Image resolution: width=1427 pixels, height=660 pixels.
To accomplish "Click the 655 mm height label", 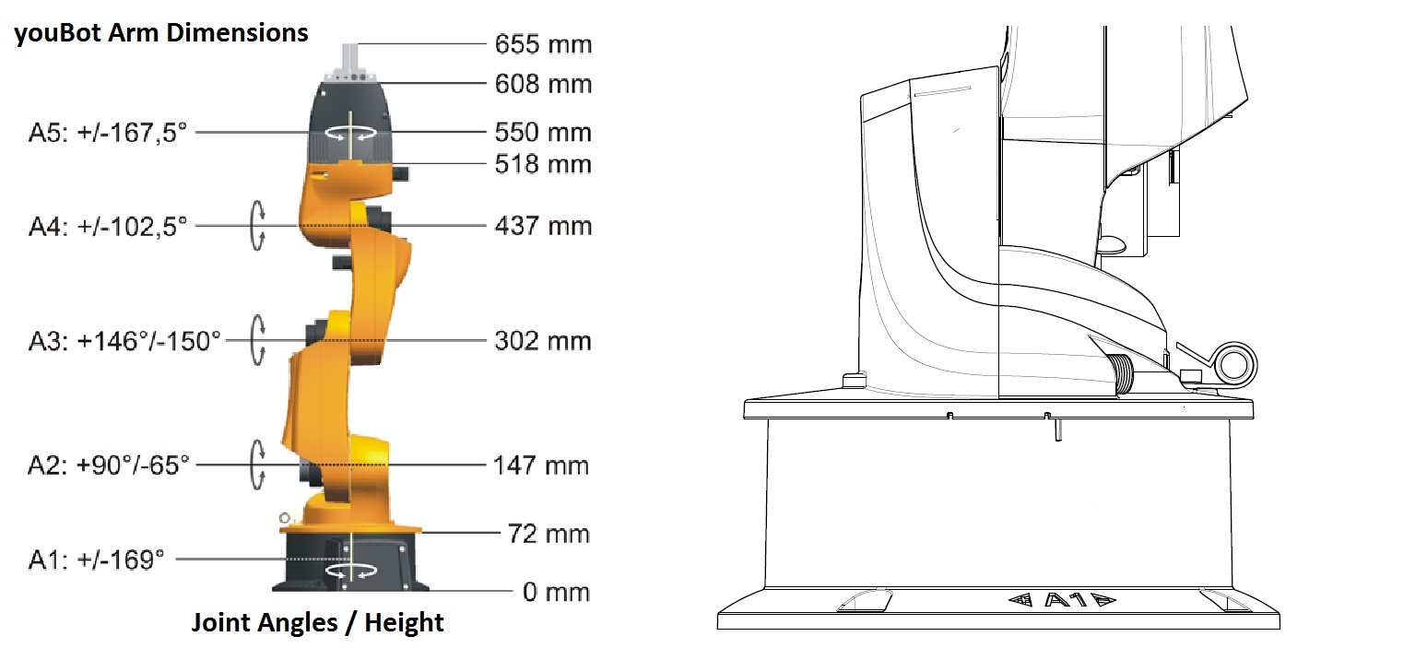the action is pyautogui.click(x=543, y=44).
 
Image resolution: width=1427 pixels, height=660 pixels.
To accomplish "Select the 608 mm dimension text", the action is pyautogui.click(x=543, y=84).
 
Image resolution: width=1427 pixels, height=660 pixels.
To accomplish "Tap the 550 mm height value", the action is pyautogui.click(x=543, y=132).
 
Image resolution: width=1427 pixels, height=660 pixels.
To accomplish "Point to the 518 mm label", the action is pyautogui.click(x=543, y=164).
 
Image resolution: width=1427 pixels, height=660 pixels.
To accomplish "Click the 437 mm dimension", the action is pyautogui.click(x=543, y=226).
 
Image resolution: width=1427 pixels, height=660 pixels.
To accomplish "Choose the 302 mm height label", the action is pyautogui.click(x=543, y=341).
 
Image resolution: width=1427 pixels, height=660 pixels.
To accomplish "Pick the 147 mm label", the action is pyautogui.click(x=541, y=466).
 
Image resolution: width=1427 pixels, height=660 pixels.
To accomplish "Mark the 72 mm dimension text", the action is pyautogui.click(x=548, y=533).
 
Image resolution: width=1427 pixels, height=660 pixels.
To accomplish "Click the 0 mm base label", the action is pyautogui.click(x=556, y=592).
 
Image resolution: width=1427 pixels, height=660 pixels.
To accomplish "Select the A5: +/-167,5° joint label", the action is pyautogui.click(x=108, y=133).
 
